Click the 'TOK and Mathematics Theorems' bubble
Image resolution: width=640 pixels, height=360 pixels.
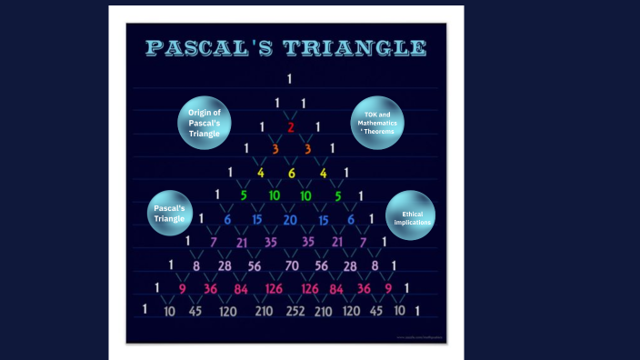[x=377, y=123]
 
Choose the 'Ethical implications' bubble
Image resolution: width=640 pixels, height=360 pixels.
[x=411, y=216]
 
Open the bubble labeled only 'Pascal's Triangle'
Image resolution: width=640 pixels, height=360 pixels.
[x=169, y=213]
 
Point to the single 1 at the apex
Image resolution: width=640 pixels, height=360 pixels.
[x=289, y=79]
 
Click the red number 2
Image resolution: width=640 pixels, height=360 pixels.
[x=291, y=127]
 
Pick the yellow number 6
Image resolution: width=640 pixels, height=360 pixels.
[x=292, y=173]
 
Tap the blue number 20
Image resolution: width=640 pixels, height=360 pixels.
[x=290, y=219]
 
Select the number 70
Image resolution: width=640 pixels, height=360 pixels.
[x=292, y=265]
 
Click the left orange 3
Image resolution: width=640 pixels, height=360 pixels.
[x=275, y=149]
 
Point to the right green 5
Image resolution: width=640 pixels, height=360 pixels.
[x=338, y=195]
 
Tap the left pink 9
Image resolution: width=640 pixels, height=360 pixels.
[x=182, y=289]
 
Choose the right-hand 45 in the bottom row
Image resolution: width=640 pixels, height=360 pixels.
[x=376, y=311]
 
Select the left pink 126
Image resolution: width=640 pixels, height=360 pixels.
[x=274, y=289]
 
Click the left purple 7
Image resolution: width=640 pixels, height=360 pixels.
[x=214, y=243]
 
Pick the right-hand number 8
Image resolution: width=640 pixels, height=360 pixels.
[x=375, y=265]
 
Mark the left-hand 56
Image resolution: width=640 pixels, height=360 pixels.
[x=255, y=265]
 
